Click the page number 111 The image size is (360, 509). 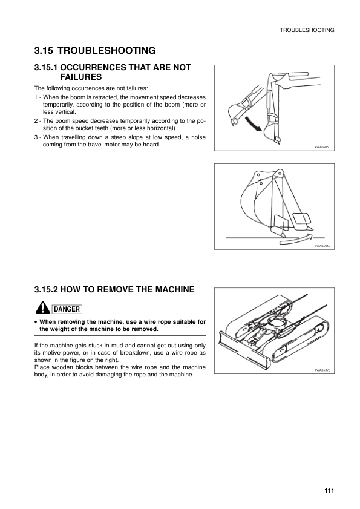[x=329, y=490]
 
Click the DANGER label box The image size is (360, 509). [x=67, y=309]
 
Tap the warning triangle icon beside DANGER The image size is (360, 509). [x=42, y=307]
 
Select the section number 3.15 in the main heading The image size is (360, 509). [x=44, y=51]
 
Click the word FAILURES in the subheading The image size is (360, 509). [x=81, y=77]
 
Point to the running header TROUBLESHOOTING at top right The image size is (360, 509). [x=307, y=30]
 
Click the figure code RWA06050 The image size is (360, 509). [x=322, y=147]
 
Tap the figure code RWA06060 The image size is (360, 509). [x=322, y=246]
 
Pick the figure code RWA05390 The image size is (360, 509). [x=322, y=370]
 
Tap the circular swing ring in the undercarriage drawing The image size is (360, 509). [x=278, y=323]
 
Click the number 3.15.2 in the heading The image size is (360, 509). [x=46, y=289]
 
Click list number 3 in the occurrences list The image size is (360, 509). [x=36, y=137]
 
